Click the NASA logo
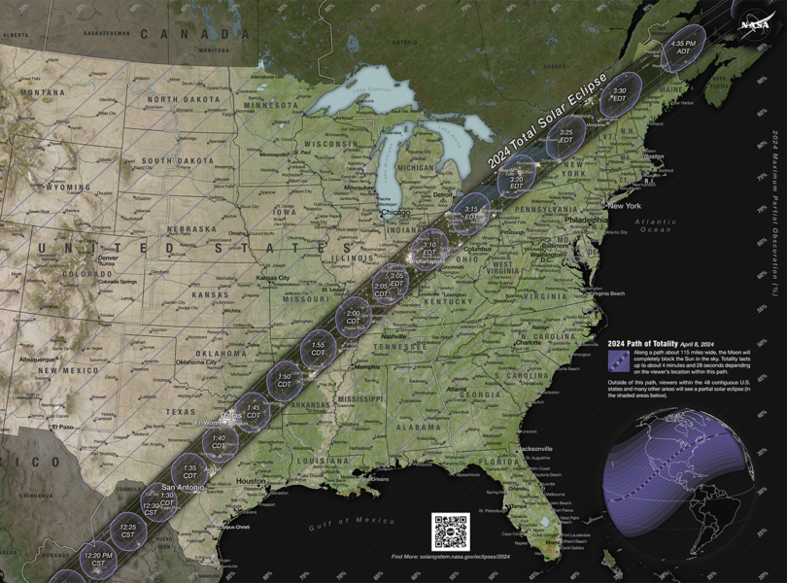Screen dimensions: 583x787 point(754,23)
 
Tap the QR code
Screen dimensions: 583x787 point(451,532)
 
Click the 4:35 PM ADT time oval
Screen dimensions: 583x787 point(684,48)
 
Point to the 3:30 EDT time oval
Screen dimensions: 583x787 point(619,94)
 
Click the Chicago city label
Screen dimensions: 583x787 point(395,212)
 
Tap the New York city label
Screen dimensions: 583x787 point(624,206)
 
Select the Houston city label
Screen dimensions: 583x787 point(250,481)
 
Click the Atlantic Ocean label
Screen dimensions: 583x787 point(656,225)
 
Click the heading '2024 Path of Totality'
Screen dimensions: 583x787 point(643,343)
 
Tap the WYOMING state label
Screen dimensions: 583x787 point(69,187)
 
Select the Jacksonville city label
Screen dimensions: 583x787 point(534,449)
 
